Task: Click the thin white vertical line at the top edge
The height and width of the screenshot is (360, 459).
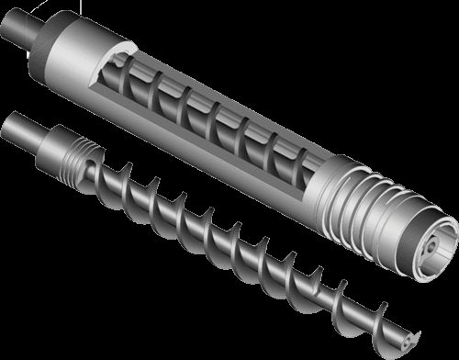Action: [17, 6]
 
